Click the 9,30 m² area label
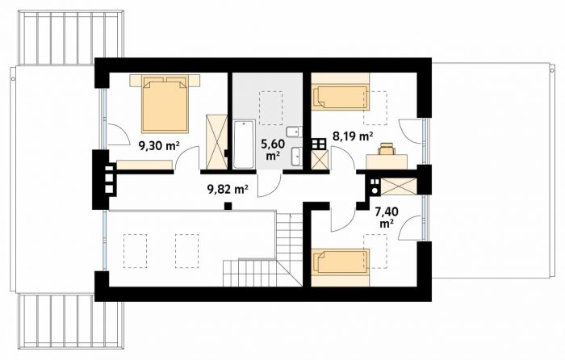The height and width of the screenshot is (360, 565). (159, 145)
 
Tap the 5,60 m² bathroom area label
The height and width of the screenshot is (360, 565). (273, 149)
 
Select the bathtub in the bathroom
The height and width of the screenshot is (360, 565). (245, 144)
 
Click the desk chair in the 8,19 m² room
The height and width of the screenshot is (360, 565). (386, 148)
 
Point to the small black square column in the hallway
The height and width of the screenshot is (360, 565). (228, 206)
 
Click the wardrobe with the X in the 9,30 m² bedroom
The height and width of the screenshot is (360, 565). (216, 141)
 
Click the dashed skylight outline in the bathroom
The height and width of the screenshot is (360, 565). (271, 107)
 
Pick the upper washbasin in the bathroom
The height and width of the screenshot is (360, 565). (295, 132)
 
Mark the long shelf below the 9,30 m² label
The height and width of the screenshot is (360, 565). (144, 165)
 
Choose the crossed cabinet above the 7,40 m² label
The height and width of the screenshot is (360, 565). (399, 186)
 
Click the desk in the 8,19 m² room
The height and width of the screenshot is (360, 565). (387, 161)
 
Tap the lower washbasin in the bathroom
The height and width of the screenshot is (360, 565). (296, 157)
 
